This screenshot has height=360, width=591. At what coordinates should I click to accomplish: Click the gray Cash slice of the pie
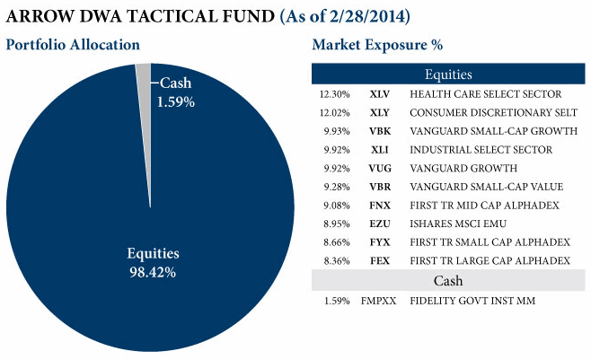tap(144, 75)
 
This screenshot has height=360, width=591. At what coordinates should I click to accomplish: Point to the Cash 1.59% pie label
tap(176, 92)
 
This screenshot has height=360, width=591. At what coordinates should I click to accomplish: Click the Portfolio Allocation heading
tap(74, 45)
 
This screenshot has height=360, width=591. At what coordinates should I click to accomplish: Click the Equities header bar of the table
tap(448, 75)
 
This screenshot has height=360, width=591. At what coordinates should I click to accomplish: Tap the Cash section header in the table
tap(448, 281)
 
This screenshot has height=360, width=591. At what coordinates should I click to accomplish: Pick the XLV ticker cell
tap(379, 93)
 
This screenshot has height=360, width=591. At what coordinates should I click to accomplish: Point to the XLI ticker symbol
tap(379, 150)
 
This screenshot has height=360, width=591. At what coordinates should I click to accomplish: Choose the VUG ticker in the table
tap(379, 168)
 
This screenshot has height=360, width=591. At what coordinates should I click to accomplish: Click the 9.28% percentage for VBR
tap(334, 187)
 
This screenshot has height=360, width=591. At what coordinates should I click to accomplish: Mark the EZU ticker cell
tap(379, 224)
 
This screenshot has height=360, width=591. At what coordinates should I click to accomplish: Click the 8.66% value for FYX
tap(334, 242)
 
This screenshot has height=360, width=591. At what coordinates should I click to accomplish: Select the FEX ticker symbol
tap(379, 261)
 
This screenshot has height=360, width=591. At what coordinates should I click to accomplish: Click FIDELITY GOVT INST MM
tap(472, 301)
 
